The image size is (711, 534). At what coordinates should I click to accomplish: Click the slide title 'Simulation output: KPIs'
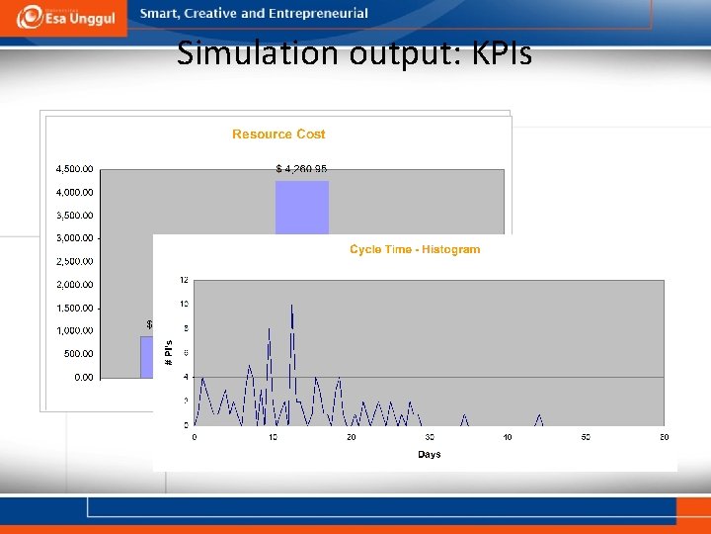[x=355, y=53]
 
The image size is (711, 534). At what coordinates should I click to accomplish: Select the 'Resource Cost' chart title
[x=278, y=134]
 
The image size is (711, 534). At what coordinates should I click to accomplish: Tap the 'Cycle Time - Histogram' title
[x=415, y=249]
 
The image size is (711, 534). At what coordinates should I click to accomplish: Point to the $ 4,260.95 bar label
[x=301, y=169]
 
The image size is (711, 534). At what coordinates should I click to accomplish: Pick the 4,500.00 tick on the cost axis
[x=74, y=169]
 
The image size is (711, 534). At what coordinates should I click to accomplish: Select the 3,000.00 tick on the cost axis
[x=74, y=238]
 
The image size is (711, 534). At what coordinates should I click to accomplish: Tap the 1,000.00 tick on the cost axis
[x=74, y=330]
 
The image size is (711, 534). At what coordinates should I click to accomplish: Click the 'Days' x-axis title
[x=429, y=454]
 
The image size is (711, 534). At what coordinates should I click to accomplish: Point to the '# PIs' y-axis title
[x=168, y=353]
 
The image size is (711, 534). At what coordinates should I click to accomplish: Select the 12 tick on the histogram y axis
[x=184, y=281]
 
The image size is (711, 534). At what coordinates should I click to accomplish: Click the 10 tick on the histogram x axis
[x=273, y=437]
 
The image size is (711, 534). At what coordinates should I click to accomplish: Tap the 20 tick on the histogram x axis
[x=351, y=437]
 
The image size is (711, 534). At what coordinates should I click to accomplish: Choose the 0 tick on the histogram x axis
[x=195, y=437]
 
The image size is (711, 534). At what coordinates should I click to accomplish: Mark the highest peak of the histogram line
[x=292, y=306]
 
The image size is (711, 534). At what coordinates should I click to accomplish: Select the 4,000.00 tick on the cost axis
[x=74, y=192]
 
